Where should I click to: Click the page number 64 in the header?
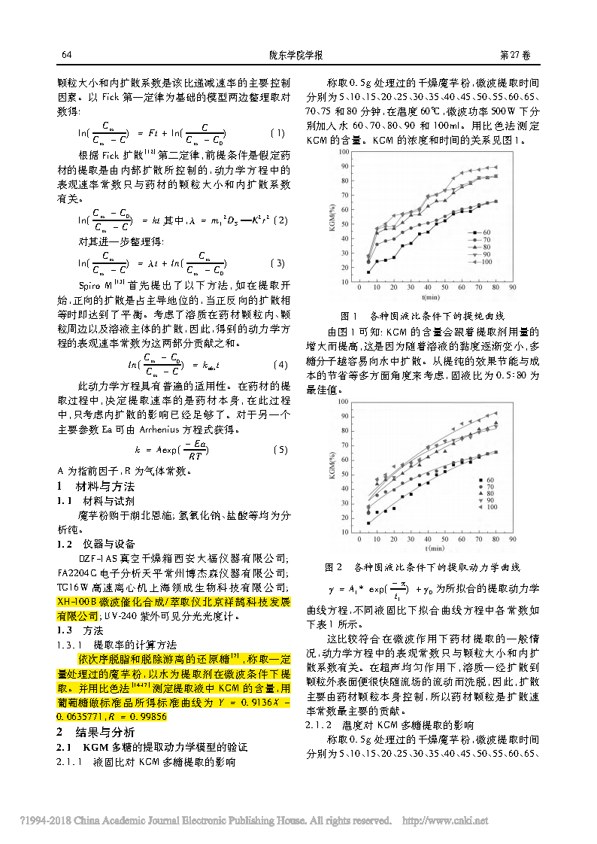point(66,56)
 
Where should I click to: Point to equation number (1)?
point(277,133)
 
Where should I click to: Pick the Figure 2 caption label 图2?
point(333,566)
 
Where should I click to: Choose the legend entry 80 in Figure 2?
point(489,493)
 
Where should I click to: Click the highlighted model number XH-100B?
point(78,602)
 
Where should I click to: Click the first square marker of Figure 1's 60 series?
point(368,272)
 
